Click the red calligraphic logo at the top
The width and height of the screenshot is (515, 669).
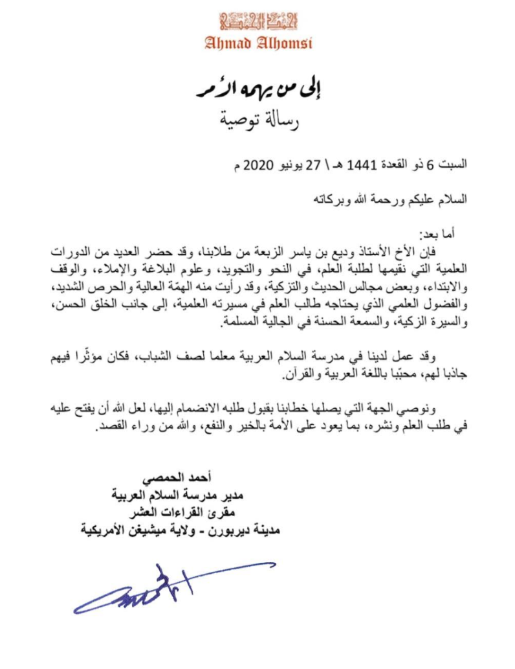point(257,20)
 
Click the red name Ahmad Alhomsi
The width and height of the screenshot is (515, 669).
point(257,43)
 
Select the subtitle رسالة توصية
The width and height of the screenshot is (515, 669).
point(257,119)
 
